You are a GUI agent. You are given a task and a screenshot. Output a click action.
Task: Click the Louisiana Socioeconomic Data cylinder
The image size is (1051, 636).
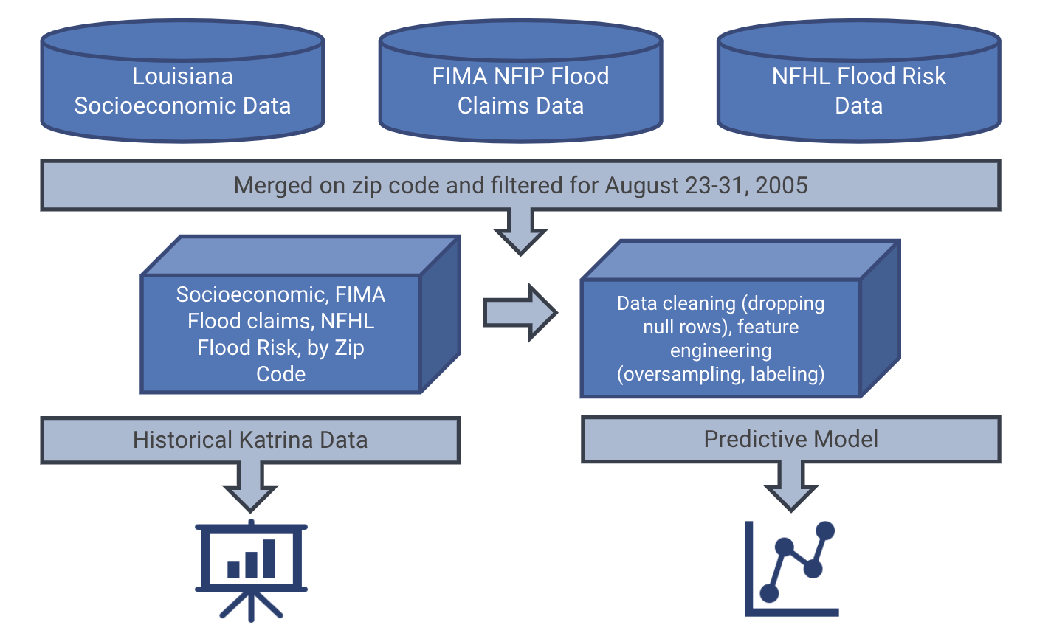182,90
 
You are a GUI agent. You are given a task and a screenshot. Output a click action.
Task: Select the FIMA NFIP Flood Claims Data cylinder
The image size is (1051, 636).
520,90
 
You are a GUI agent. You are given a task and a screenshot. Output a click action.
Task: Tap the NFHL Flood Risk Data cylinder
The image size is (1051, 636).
858,90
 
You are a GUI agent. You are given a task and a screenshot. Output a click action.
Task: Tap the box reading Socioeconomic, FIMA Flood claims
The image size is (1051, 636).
281,333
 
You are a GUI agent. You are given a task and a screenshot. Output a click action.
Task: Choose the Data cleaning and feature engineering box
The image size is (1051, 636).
721,339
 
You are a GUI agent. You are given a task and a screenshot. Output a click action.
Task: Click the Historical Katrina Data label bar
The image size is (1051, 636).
250,440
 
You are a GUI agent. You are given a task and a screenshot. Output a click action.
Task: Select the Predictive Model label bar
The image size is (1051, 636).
791,440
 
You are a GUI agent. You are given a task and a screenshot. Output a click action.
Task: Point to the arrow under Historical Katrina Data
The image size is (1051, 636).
250,488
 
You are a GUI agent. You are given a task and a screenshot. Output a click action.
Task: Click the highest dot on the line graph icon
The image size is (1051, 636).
825,530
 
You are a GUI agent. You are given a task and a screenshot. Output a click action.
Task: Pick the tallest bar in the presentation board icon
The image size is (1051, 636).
269,559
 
